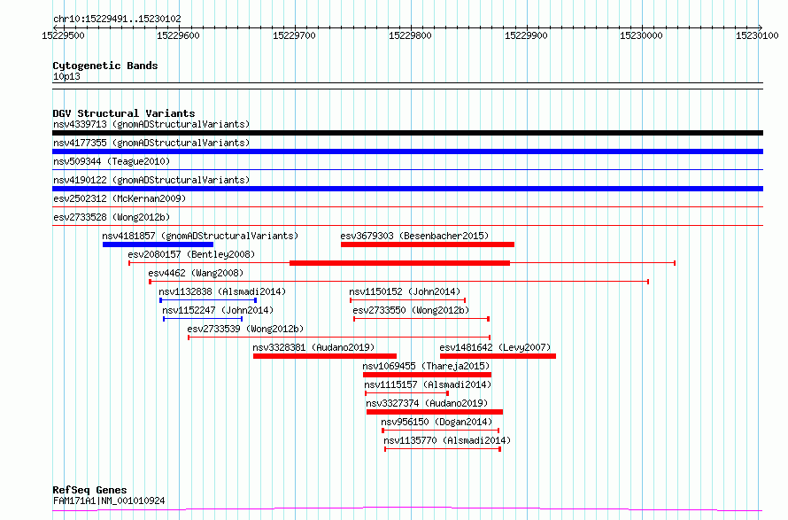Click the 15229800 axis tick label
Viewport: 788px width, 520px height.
point(410,35)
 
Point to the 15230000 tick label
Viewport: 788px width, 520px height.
point(641,35)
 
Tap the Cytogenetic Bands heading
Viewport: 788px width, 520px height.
point(105,66)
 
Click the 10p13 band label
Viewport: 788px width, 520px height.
point(66,76)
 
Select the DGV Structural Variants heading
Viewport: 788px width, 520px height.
point(124,113)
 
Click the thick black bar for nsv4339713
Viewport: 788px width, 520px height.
point(407,133)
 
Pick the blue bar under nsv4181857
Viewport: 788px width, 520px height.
point(158,244)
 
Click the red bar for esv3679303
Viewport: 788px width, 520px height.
point(427,244)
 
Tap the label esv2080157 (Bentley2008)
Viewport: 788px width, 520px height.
point(191,254)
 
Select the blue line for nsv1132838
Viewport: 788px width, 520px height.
point(208,300)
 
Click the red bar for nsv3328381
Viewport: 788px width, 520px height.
point(325,356)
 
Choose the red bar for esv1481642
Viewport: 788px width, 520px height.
point(498,356)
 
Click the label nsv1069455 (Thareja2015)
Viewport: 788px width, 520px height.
point(426,366)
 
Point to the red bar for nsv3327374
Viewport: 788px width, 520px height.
point(435,412)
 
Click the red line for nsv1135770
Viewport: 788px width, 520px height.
point(443,449)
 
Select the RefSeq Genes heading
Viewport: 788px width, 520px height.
point(90,490)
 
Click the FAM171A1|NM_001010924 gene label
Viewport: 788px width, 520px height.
point(109,501)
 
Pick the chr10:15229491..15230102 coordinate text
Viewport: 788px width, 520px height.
point(117,19)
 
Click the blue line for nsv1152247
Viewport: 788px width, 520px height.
point(203,319)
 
